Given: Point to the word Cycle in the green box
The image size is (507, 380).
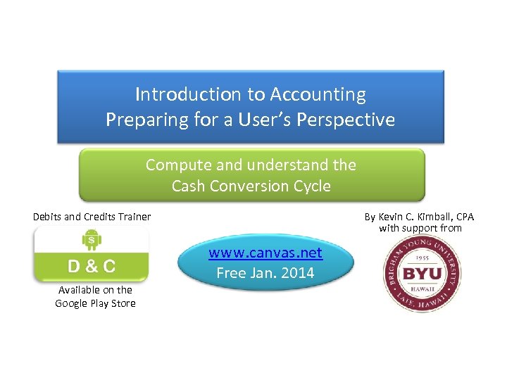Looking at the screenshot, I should point(309,186).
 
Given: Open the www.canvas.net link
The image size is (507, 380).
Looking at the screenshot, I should point(265,253).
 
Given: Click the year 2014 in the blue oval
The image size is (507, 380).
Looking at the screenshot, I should point(298,272).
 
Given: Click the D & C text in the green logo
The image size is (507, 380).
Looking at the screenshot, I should point(92,267).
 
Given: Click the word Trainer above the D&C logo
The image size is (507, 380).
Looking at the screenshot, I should point(134,217).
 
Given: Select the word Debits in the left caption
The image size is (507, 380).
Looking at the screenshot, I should point(47,217).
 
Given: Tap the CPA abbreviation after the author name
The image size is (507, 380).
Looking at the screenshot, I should point(464,217).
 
